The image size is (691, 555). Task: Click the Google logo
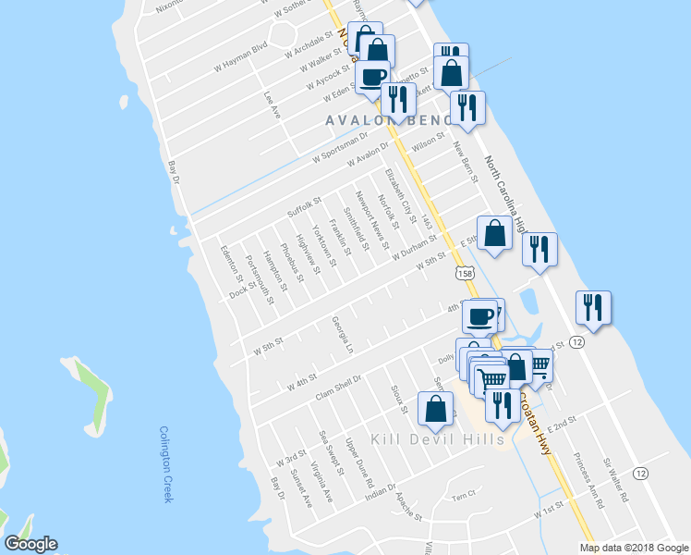pos(30,544)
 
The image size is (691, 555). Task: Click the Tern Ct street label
pos(462,495)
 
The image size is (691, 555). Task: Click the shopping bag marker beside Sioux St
pos(435,408)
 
